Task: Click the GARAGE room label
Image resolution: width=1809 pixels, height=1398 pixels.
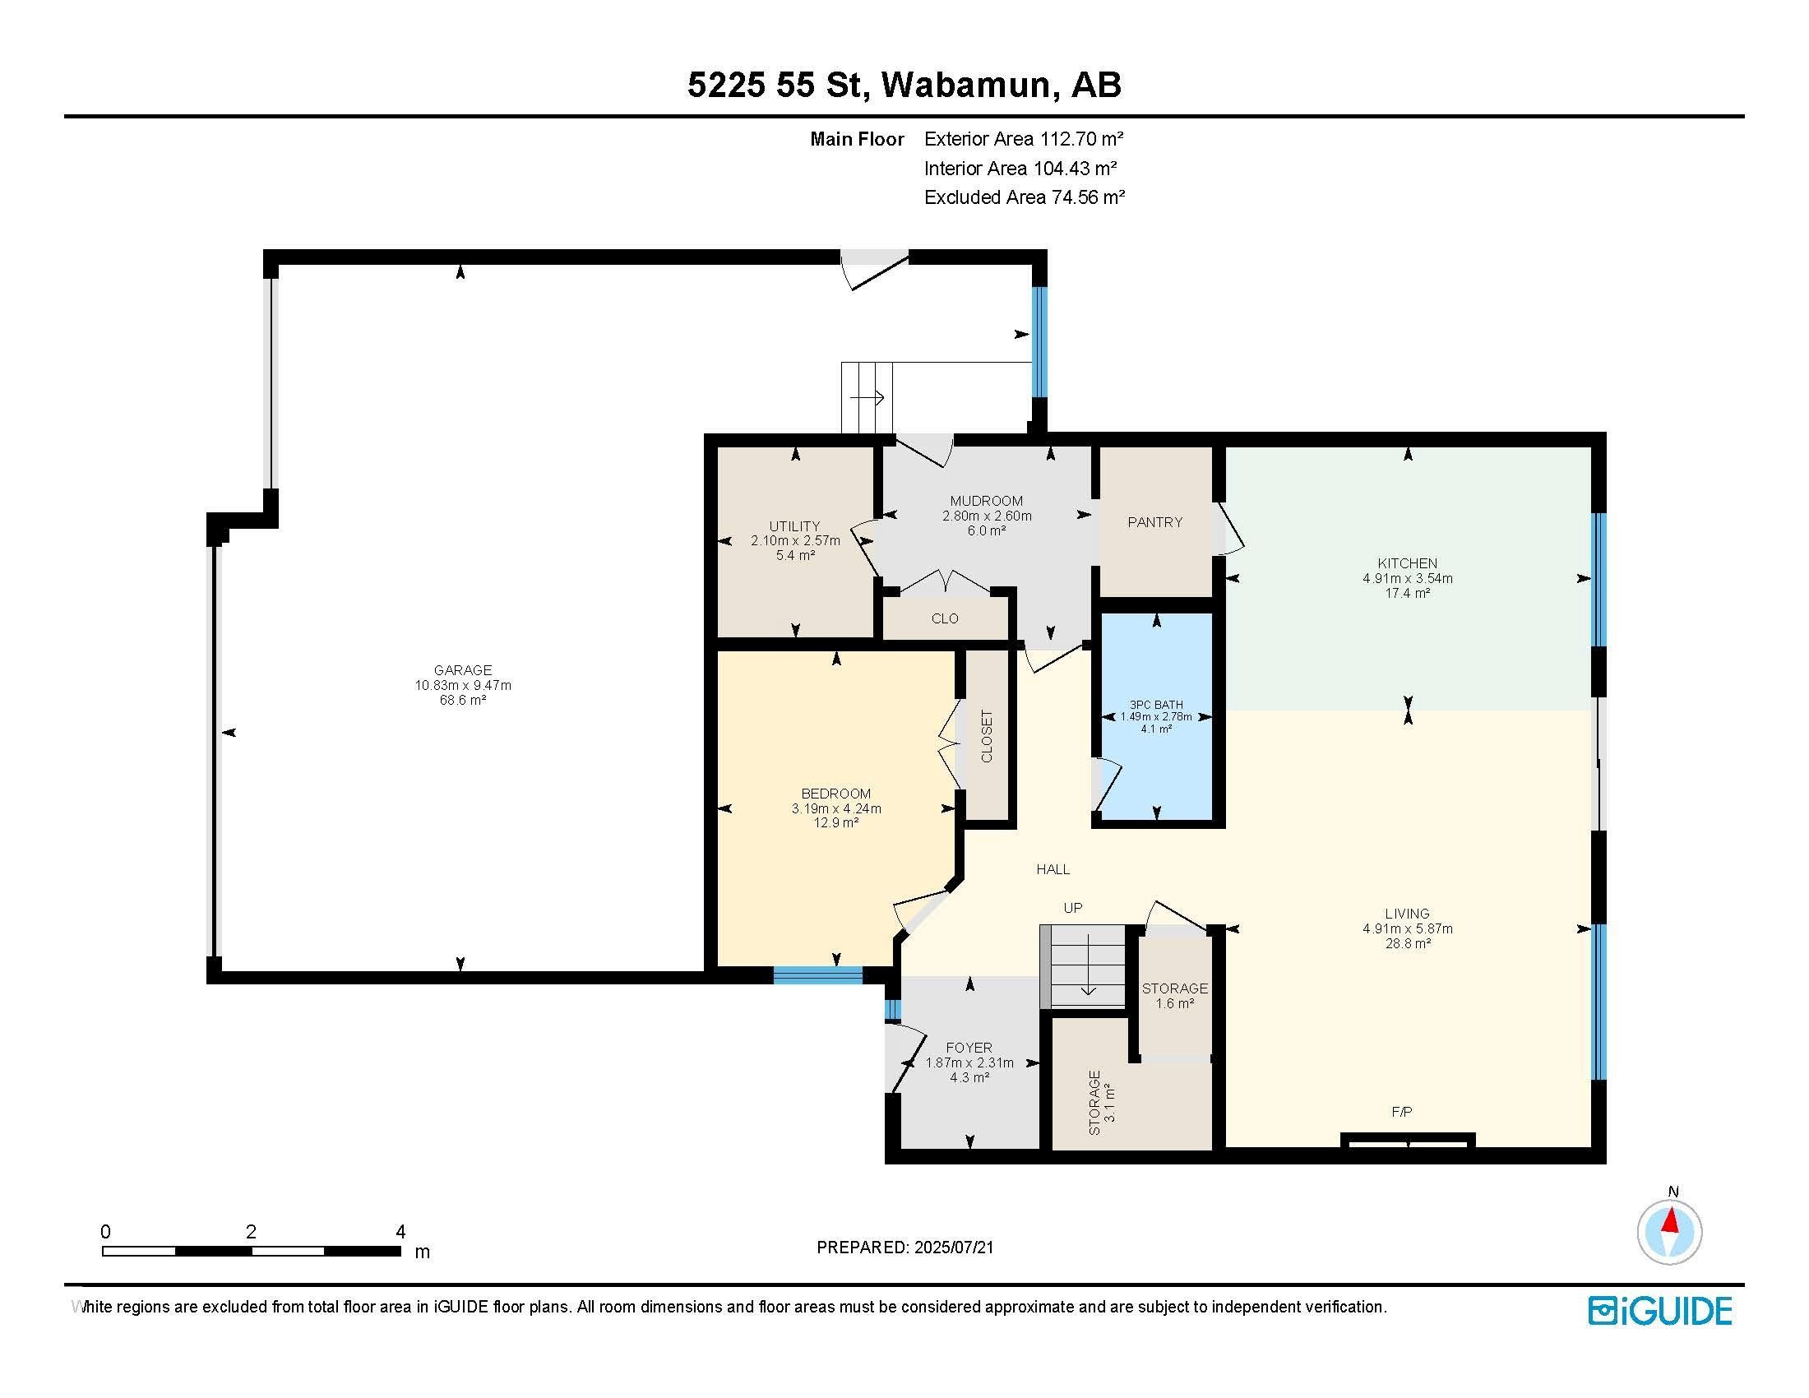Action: [462, 670]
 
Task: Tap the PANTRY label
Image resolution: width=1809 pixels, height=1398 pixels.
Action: [1154, 522]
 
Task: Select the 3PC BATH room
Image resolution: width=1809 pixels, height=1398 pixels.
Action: [1156, 717]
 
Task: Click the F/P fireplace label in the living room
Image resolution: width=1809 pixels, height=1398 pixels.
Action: [1401, 1113]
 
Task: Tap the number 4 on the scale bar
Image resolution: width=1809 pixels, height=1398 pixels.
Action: [400, 1232]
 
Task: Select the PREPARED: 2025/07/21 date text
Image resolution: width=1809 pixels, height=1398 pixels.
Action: [904, 1248]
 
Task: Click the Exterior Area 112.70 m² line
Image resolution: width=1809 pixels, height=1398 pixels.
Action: [1024, 139]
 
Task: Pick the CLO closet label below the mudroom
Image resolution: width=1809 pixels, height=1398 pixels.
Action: [944, 618]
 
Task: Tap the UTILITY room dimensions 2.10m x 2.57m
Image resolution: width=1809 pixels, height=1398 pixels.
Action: [795, 541]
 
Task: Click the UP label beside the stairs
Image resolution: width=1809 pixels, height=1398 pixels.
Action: [1072, 908]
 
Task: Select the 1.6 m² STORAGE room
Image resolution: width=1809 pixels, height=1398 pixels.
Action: [1174, 996]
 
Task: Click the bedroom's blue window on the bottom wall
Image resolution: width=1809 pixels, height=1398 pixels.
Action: [818, 976]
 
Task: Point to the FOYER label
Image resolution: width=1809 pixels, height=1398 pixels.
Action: [969, 1048]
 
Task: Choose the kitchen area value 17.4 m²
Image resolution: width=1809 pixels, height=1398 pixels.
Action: [1407, 593]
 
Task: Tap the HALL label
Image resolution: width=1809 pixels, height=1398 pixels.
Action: [1053, 869]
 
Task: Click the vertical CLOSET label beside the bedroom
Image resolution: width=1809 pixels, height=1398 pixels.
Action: [987, 736]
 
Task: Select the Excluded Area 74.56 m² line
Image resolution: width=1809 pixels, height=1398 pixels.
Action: [1024, 197]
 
